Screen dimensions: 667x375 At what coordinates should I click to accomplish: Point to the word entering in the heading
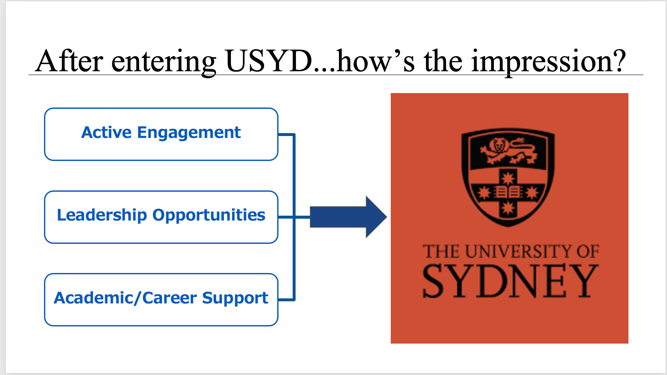(164, 62)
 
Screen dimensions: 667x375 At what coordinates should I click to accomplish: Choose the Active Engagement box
(161, 134)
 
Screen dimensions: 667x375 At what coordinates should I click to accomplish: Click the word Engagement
(189, 133)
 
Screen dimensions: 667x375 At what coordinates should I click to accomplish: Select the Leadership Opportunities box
(161, 217)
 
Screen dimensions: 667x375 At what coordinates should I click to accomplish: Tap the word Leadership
(102, 215)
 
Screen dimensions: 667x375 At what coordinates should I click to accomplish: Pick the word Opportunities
(209, 215)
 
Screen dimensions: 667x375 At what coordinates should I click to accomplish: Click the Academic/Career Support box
(161, 300)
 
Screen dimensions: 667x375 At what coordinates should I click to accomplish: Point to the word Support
(235, 298)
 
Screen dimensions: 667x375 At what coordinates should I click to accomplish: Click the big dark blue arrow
(348, 217)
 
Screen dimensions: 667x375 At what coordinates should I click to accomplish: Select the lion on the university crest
(508, 150)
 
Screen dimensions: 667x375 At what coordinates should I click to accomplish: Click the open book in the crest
(508, 192)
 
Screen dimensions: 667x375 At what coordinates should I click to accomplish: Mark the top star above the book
(508, 178)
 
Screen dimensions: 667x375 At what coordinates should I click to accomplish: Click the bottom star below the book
(508, 208)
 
